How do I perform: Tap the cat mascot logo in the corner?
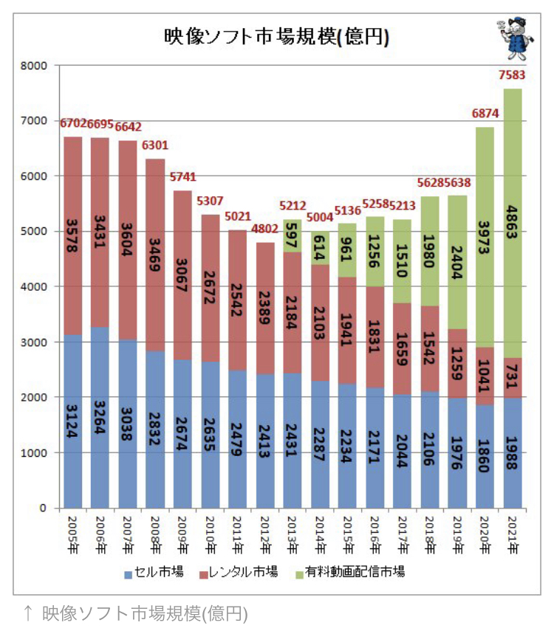tap(512, 41)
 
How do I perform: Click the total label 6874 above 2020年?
tap(485, 114)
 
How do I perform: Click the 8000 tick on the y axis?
tap(33, 66)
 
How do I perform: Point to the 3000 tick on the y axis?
tap(33, 342)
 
